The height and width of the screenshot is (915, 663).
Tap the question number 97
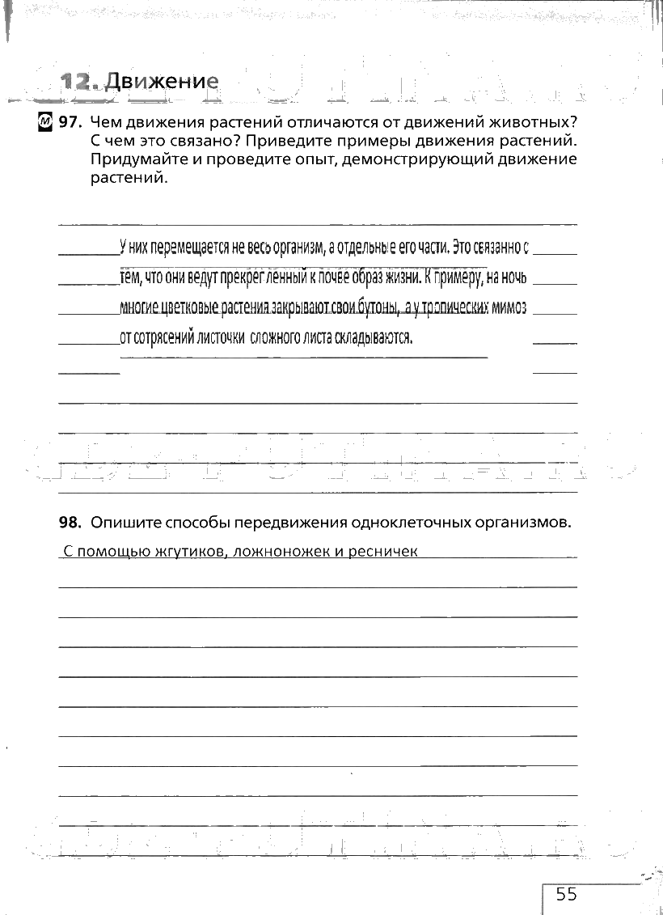[x=70, y=122]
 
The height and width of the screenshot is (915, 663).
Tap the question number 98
[x=70, y=523]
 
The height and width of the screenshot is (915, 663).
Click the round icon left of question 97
[x=45, y=122]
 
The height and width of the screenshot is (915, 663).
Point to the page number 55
[x=566, y=893]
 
